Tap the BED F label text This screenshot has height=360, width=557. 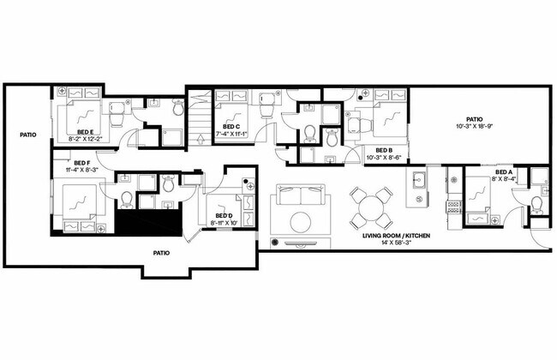click(82, 162)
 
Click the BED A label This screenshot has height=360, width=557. click(504, 172)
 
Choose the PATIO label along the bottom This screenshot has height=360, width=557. click(160, 253)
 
